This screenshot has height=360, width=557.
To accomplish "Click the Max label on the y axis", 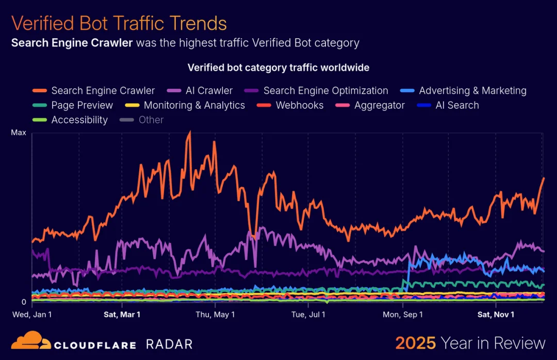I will [19, 133].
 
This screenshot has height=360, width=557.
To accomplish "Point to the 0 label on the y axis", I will [23, 302].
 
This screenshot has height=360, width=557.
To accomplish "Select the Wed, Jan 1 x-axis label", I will [32, 314].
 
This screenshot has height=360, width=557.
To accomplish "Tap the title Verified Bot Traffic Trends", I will [119, 24].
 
